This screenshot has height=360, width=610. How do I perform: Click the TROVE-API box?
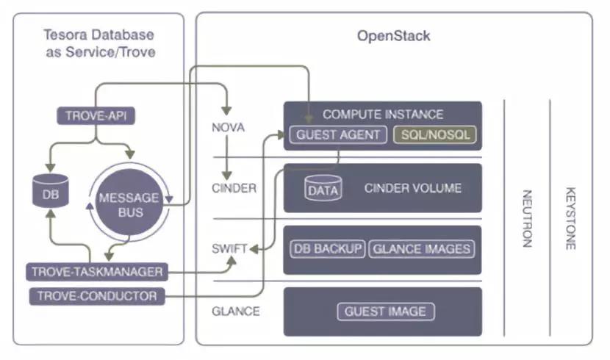tap(97, 116)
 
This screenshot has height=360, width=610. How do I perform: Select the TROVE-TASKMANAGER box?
tap(96, 272)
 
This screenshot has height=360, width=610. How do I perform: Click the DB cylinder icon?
tap(50, 193)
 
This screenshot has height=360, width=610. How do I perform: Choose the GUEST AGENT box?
tap(337, 134)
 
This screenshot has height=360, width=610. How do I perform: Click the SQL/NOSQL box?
tap(435, 134)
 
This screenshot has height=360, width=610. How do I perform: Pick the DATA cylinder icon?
tap(323, 189)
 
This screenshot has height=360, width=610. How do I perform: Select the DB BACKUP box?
tap(328, 248)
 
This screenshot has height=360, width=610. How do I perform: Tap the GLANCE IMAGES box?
tap(421, 248)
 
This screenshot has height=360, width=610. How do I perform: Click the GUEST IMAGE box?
tap(386, 311)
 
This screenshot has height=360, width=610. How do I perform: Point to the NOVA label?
tap(227, 128)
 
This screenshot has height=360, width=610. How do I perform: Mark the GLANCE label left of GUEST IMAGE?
tap(235, 311)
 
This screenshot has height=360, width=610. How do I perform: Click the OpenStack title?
tap(393, 36)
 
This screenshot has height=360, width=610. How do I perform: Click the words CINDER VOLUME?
tap(412, 188)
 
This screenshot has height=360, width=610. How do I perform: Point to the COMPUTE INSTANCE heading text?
tap(383, 114)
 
